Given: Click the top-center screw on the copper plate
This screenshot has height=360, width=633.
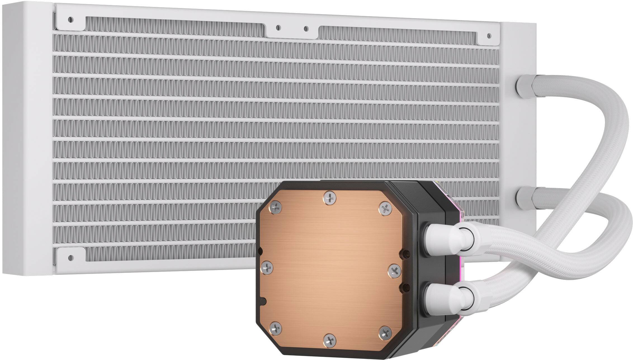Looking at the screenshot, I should coord(330,198).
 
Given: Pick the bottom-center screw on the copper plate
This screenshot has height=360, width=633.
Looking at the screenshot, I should coord(330,340).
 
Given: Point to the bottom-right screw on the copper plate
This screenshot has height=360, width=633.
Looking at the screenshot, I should coord(385,333).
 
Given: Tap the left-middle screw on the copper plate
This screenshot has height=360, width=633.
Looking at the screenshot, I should coord(267,268).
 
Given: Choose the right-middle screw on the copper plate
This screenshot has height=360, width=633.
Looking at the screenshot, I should coord(395,270).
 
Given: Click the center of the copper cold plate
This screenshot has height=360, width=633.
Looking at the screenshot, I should coord(330,268).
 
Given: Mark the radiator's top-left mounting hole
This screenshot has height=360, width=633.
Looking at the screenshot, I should coord(70,20).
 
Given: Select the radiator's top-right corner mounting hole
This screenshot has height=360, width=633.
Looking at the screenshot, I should coord(489,35).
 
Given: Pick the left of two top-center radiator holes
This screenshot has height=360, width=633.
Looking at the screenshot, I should coord(278,28).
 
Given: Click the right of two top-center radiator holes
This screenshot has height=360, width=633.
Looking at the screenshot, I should coord(306,29).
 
